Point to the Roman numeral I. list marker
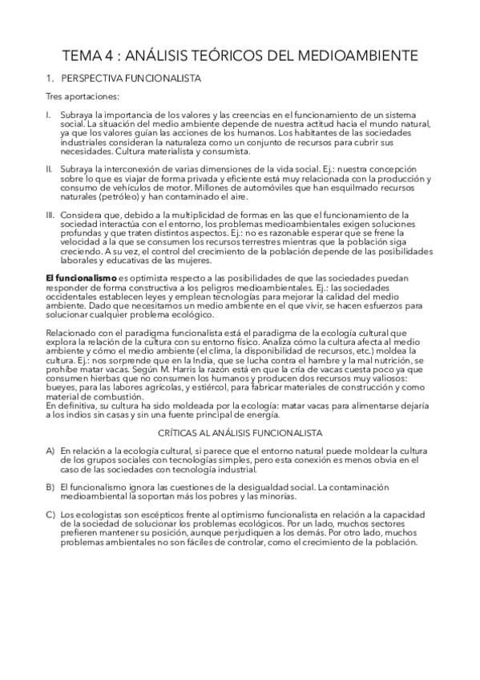click(x=48, y=115)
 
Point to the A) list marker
click(x=50, y=451)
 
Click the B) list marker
click(x=50, y=488)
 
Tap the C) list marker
click(x=50, y=515)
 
